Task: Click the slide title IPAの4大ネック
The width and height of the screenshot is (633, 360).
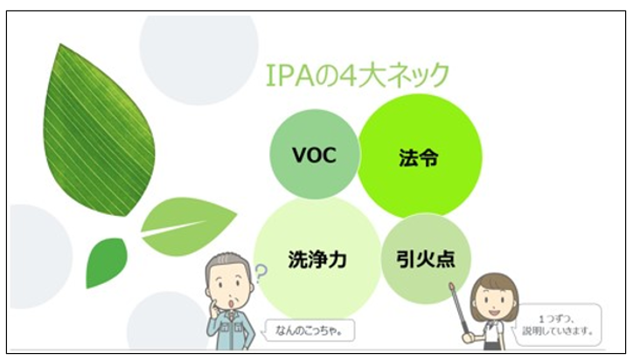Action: pos(358,75)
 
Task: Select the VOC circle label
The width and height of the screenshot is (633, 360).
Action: pos(314,155)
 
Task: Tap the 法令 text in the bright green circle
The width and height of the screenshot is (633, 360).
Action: pos(419,157)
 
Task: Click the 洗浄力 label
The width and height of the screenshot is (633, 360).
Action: pos(317,260)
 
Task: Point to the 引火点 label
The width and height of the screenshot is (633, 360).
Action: pos(426,259)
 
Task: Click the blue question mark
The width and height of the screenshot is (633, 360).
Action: pos(261,273)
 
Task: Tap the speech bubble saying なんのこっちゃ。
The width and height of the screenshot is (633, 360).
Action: pos(309,330)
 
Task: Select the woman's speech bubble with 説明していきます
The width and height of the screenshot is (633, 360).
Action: pos(558,325)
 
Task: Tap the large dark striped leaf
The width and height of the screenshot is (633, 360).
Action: pos(99,130)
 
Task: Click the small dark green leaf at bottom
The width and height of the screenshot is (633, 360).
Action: pos(106,262)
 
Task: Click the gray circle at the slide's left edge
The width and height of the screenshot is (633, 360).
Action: pos(39,257)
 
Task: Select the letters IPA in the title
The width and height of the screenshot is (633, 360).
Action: pos(290,75)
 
